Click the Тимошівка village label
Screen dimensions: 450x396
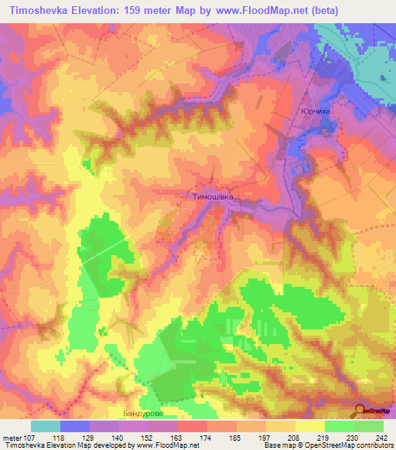[212, 196]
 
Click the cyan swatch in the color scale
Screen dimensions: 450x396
[46, 426]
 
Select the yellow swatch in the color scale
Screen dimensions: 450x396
[309, 426]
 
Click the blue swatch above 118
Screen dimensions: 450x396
[75, 426]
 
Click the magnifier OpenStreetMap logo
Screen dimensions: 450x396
[360, 411]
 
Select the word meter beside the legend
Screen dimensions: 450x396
[12, 437]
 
